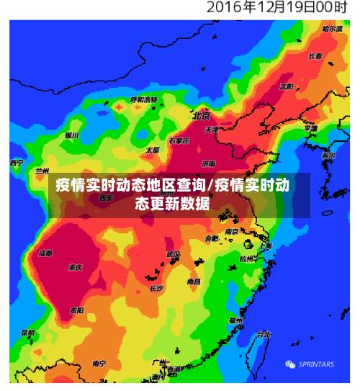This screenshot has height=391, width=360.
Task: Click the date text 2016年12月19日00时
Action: (278, 9)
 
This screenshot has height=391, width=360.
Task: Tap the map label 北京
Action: (201, 115)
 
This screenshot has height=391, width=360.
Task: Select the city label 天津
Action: (211, 130)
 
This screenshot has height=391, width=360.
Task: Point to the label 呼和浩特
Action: (143, 99)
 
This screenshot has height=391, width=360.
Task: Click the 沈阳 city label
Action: (287, 86)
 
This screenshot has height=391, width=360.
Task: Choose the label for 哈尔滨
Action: (333, 29)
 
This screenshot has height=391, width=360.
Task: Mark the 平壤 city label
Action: (311, 128)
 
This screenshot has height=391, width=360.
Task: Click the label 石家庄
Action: (177, 141)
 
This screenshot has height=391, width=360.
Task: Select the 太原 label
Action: (153, 150)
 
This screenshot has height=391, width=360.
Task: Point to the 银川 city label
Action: (71, 135)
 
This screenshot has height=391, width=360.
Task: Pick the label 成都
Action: (45, 253)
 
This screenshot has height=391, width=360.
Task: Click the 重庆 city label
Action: (75, 268)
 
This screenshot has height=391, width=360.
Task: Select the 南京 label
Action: (232, 232)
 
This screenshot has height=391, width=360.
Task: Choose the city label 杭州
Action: (247, 259)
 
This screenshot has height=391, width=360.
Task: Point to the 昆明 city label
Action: (27, 333)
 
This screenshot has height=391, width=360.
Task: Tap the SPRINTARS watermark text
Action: (316, 364)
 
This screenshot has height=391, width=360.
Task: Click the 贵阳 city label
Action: (76, 310)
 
